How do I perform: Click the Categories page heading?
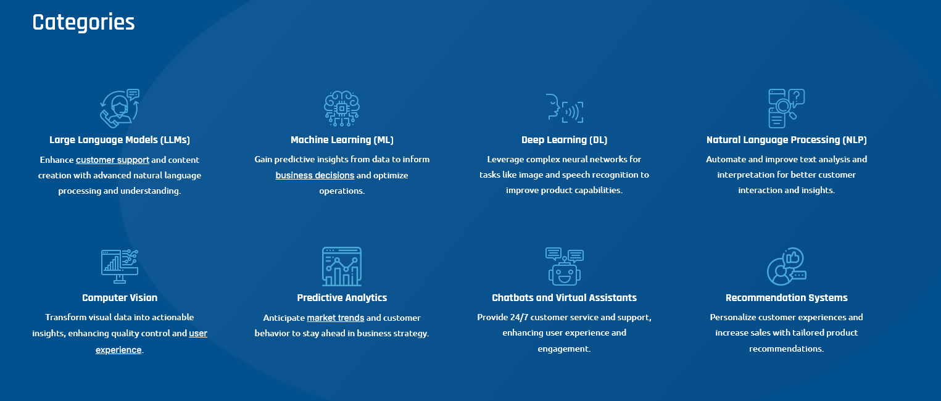coord(83,22)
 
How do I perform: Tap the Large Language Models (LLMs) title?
coord(120,140)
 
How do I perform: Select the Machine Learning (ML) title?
coord(342,140)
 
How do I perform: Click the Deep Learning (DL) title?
coord(564,140)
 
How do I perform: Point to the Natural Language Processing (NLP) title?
coord(786,140)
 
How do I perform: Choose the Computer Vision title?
coord(120,298)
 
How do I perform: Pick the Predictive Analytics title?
coord(342,298)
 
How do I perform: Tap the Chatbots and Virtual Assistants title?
coord(564,298)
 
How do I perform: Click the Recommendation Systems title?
coord(786,298)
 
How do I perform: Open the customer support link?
coord(112,160)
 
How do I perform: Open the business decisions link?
coord(315,175)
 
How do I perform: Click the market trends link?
coord(335,318)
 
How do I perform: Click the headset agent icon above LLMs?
coord(120,107)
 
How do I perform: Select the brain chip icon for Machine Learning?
coord(342,108)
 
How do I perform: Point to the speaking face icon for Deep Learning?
coord(564,108)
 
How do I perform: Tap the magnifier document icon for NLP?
coord(786,108)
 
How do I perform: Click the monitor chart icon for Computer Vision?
coord(120,266)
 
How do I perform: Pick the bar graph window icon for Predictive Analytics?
coord(342,266)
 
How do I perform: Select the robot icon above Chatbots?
coord(564,266)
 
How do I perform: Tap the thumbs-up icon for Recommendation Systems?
coord(786,266)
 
